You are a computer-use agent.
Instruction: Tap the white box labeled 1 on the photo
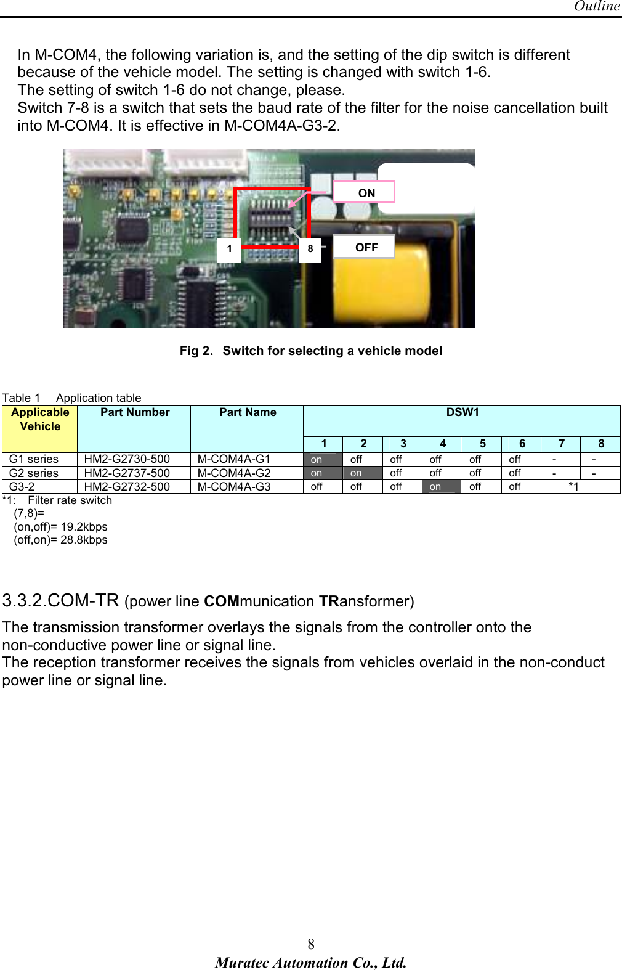(229, 249)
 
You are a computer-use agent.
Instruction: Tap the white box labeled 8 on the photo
(310, 249)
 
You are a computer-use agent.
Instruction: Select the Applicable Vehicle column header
(40, 420)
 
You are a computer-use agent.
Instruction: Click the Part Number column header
(135, 413)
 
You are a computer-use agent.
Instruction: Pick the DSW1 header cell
(462, 413)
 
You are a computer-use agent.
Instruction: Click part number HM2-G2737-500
(127, 473)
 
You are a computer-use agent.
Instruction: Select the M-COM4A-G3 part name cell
(234, 487)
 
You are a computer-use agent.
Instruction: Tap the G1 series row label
(34, 459)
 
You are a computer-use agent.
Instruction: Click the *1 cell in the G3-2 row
(573, 487)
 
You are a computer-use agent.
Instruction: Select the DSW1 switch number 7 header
(561, 444)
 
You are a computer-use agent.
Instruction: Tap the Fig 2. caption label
(196, 351)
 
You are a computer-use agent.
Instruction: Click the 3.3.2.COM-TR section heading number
(60, 600)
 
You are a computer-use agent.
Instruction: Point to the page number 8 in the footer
(311, 944)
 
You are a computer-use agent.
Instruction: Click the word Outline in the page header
(596, 6)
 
